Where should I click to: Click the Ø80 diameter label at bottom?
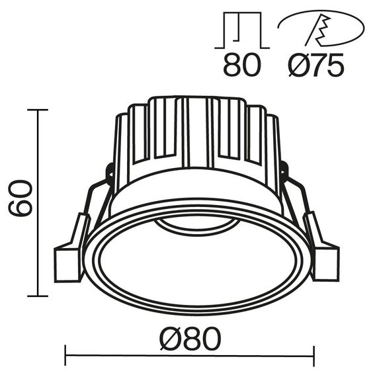coord(189,339)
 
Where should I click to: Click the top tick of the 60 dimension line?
coord(38,110)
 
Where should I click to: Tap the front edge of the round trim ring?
coord(198,308)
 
